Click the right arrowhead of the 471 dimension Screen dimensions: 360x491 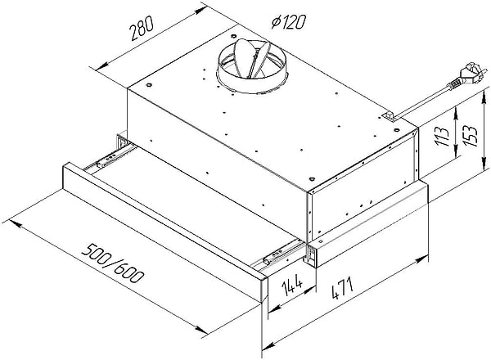(426, 263)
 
